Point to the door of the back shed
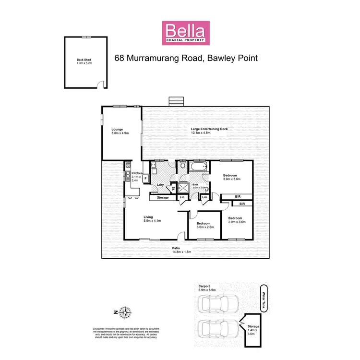coord(101,84)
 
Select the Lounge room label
coord(118,131)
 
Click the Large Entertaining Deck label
coord(209,131)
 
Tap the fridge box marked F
coord(145,179)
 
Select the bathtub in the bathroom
coord(198,168)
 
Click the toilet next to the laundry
coord(182,167)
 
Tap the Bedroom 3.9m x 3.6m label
coord(231,177)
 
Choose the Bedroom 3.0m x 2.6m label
coord(204,225)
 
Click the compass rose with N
coord(125,313)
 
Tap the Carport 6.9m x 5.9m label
coord(207,288)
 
